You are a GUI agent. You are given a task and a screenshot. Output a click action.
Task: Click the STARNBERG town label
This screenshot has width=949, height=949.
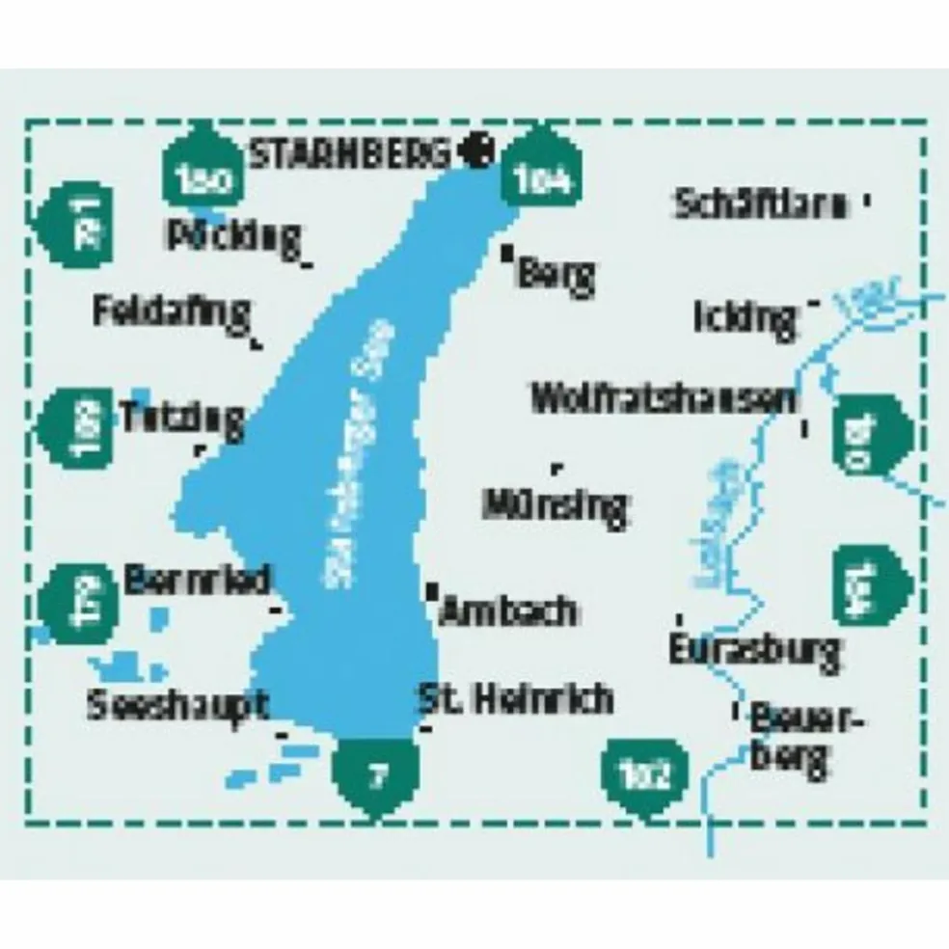[350, 152]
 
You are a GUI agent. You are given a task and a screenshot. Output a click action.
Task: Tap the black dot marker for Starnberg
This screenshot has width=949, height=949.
[477, 149]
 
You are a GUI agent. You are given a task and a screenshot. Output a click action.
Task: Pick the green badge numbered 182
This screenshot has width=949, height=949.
[646, 773]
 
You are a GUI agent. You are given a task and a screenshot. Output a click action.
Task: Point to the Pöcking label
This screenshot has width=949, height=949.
[232, 235]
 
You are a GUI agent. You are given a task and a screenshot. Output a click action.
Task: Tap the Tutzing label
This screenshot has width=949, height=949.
[183, 417]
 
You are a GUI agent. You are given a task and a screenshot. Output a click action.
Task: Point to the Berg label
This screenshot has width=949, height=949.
[556, 276]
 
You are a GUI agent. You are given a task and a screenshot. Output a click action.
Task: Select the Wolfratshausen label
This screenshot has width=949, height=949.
[664, 398]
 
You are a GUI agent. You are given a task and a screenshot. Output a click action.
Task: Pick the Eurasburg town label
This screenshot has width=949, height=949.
[754, 650]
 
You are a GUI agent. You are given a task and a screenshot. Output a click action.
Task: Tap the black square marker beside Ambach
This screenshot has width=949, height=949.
[431, 588]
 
